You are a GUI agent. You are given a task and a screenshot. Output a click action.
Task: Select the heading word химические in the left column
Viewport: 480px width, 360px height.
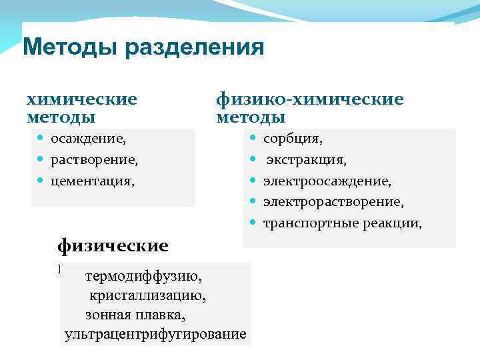click(x=81, y=99)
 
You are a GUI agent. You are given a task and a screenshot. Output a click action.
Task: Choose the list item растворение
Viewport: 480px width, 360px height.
click(x=95, y=160)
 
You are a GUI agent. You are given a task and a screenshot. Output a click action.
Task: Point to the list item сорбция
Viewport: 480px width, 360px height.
click(x=293, y=139)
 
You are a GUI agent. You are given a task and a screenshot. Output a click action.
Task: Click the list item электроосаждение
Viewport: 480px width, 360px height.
click(x=327, y=181)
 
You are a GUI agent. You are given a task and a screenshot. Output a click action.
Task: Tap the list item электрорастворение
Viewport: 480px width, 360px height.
click(x=333, y=201)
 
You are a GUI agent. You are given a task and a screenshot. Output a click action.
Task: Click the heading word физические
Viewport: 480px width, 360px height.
click(x=113, y=245)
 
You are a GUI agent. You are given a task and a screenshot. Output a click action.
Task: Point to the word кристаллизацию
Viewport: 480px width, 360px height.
click(x=143, y=295)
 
